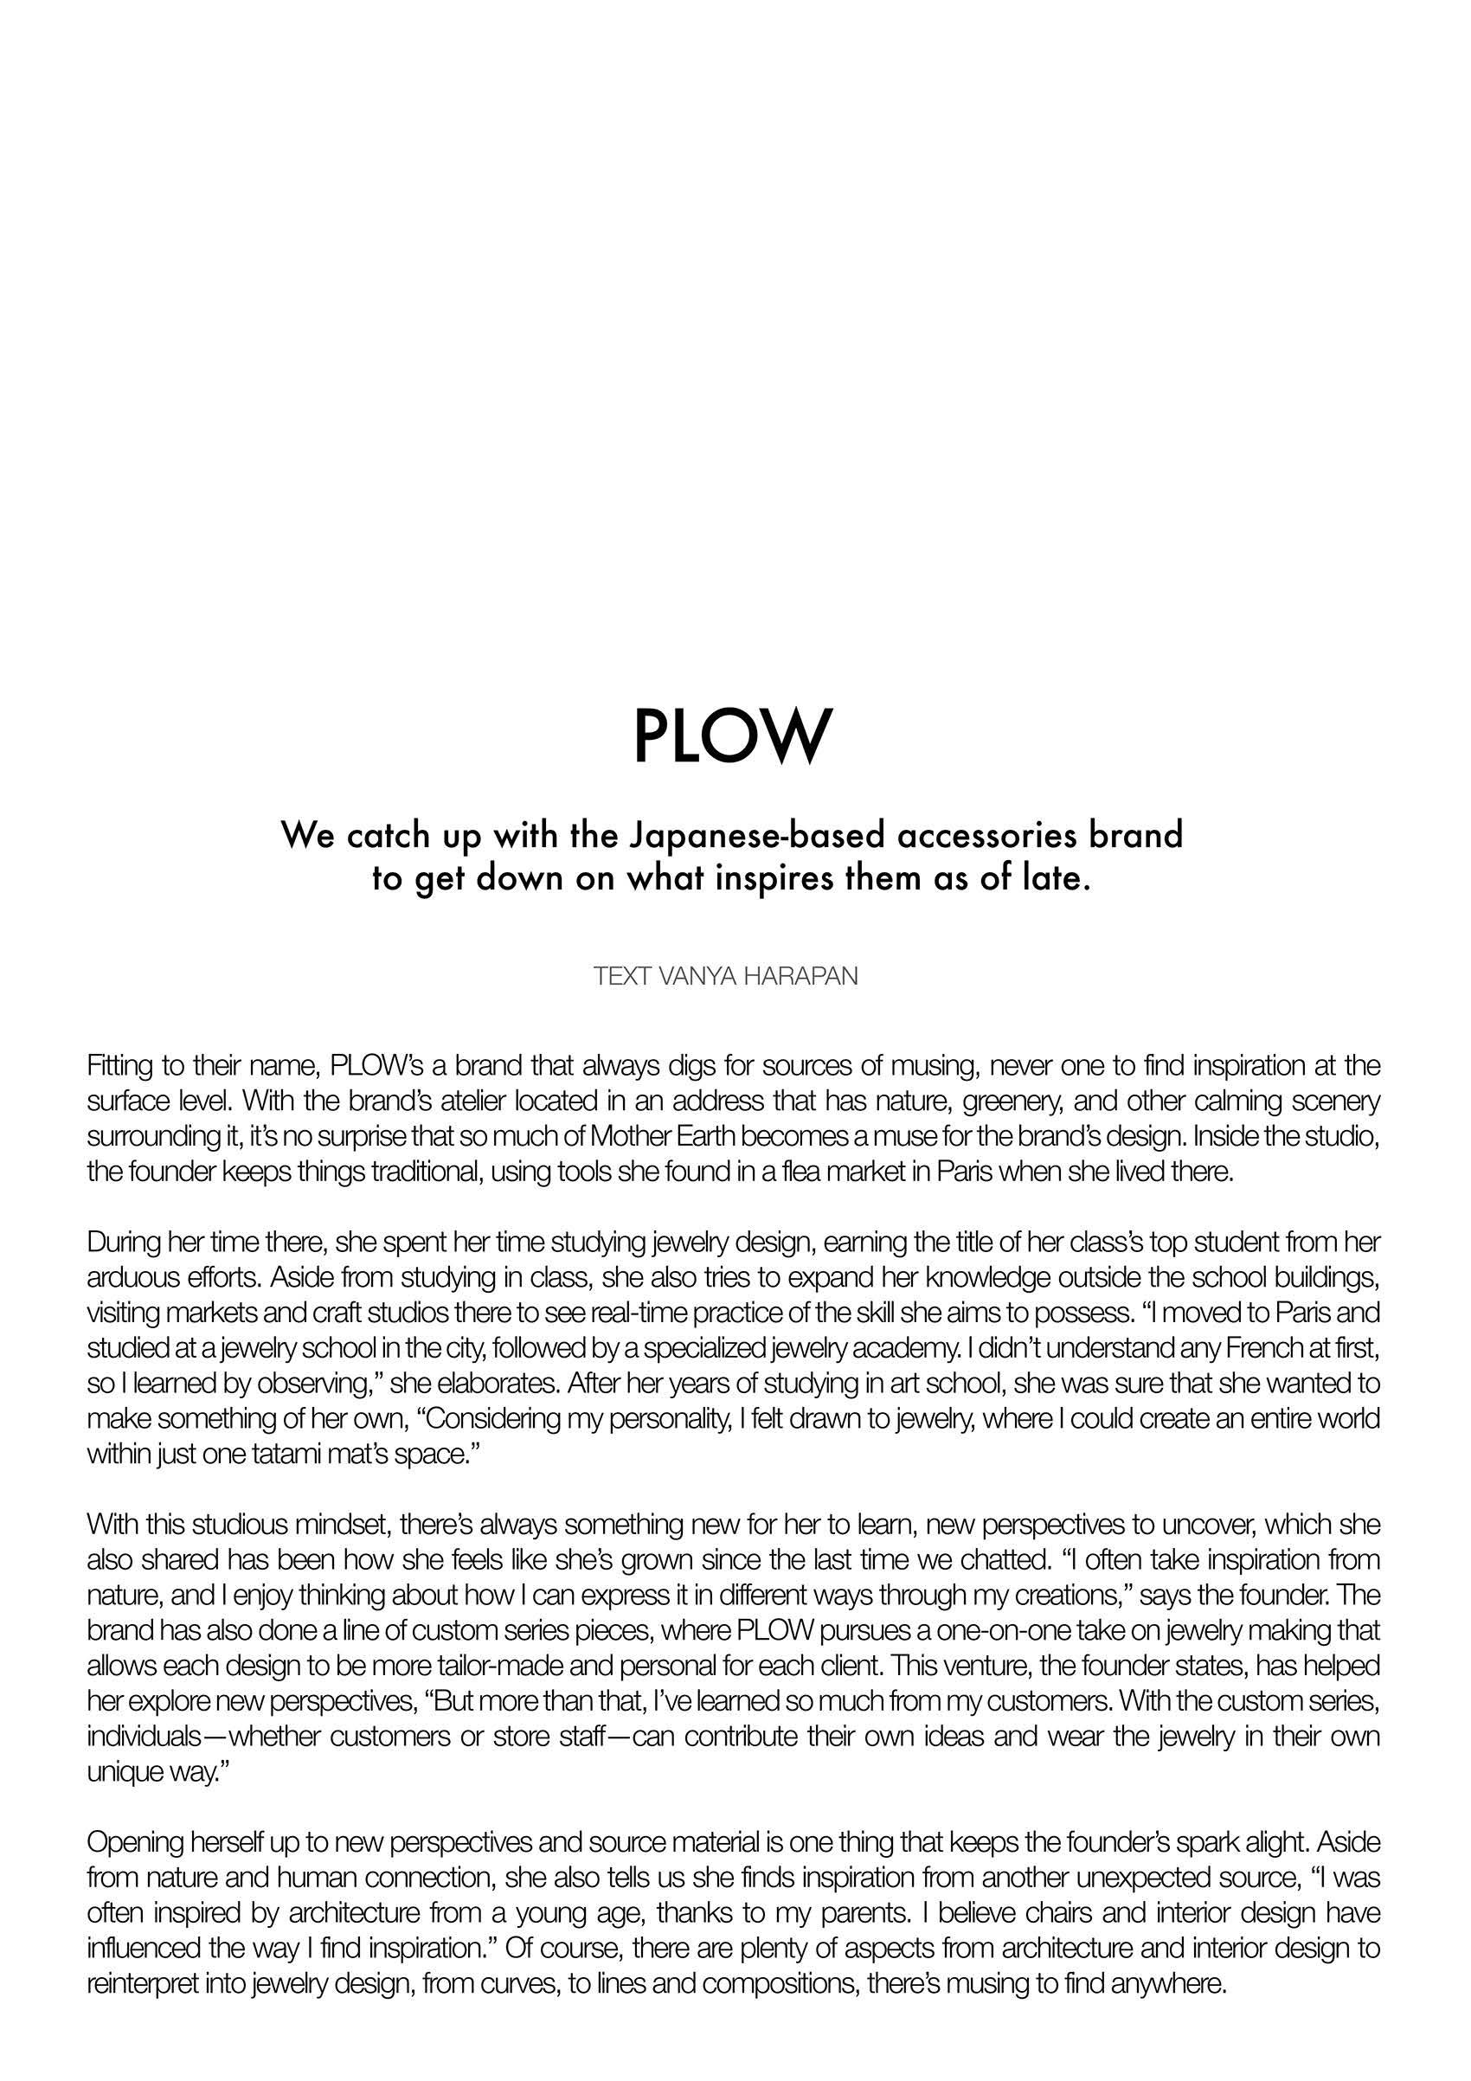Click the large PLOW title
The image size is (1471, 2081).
point(731,737)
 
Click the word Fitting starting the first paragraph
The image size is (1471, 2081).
point(119,1064)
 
